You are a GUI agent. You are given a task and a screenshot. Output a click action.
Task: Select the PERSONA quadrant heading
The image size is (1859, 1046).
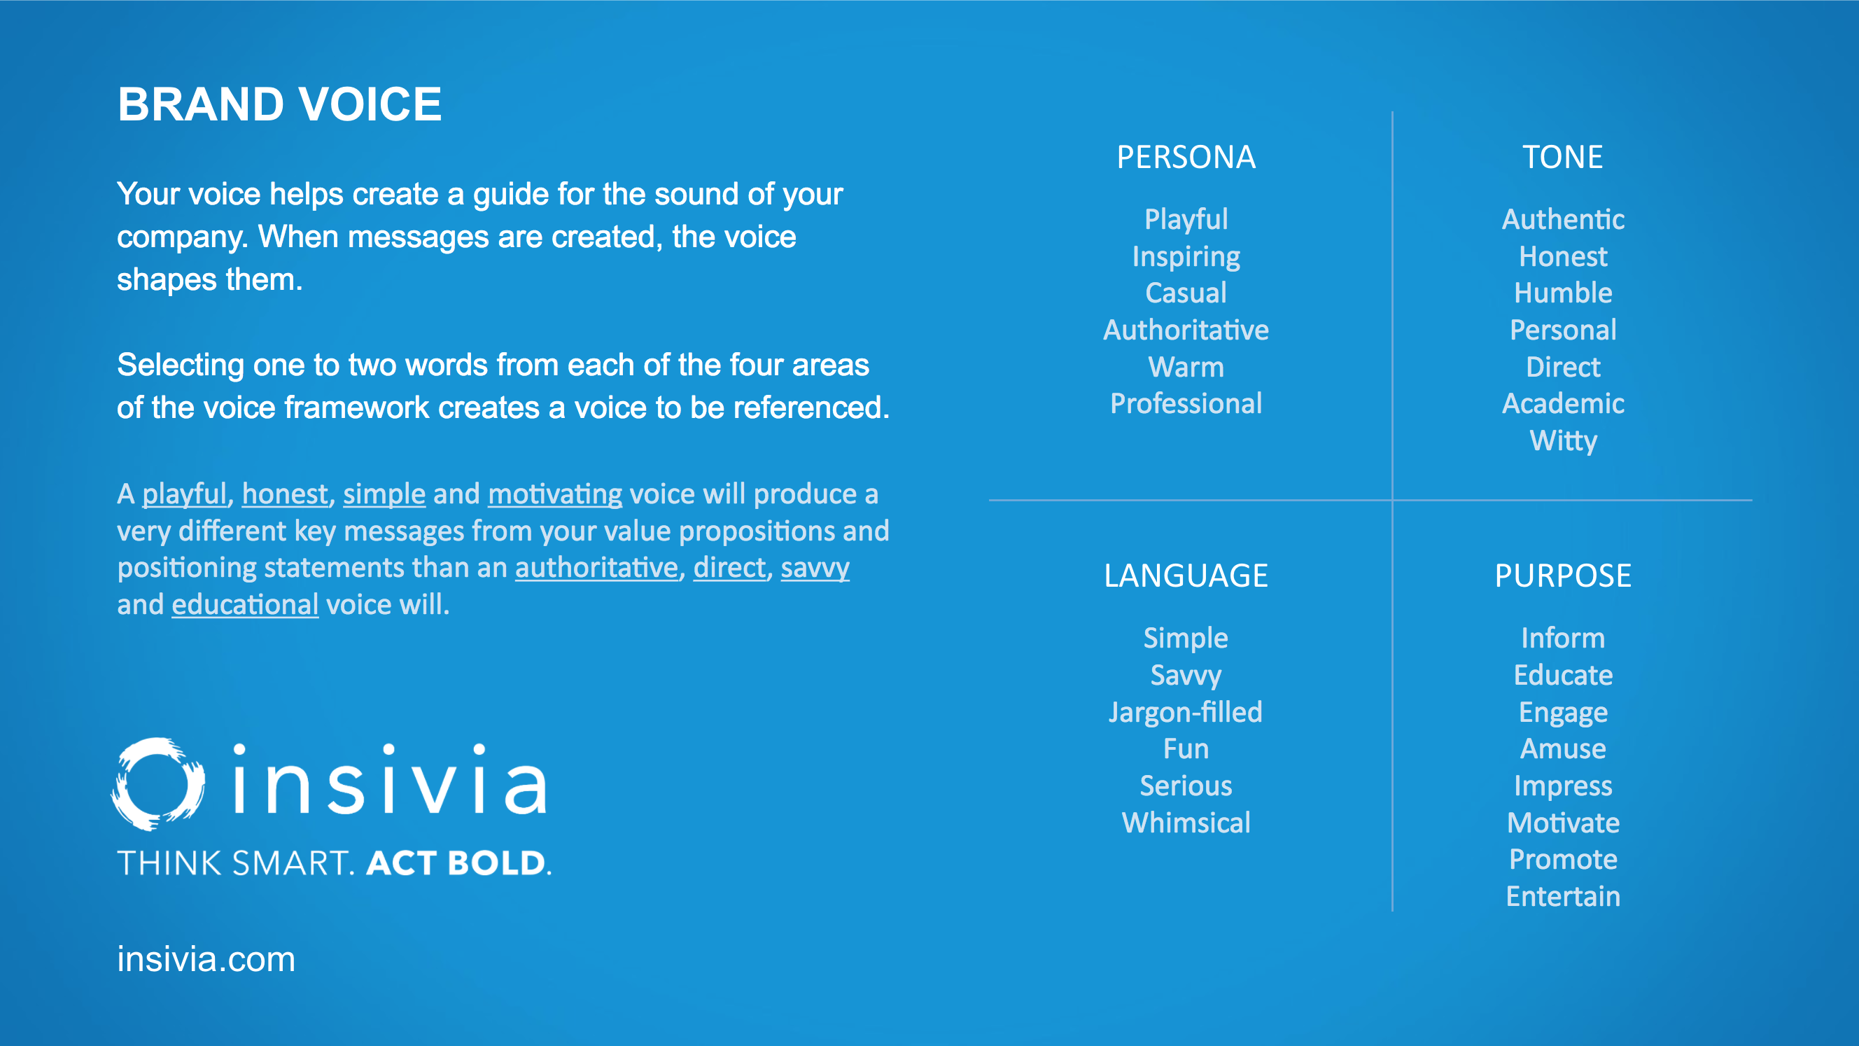(1186, 158)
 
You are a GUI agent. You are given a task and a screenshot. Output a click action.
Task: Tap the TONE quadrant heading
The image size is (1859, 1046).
(1562, 158)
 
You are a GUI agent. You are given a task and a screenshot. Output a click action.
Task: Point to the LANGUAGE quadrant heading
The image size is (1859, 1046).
(1186, 576)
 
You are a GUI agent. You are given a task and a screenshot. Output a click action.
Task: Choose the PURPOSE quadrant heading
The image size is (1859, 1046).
(1562, 576)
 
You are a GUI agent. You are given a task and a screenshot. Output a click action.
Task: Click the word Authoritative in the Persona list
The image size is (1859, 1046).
(1186, 330)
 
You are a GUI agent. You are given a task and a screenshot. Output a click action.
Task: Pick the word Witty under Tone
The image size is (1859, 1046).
(1563, 440)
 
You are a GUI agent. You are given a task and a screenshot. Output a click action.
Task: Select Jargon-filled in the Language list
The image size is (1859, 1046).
(1186, 713)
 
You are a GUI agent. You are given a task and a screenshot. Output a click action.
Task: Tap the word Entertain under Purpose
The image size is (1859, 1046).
(1563, 896)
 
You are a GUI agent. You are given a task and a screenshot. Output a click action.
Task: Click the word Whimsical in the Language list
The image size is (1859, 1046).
(1186, 822)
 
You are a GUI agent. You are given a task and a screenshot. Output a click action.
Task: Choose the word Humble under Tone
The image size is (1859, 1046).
(1563, 293)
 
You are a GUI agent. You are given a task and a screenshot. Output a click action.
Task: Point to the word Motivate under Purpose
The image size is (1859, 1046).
(1563, 822)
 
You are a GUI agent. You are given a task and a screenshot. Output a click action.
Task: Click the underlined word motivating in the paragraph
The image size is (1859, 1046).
(555, 495)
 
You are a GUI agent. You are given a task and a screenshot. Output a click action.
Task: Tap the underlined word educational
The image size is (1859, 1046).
(245, 605)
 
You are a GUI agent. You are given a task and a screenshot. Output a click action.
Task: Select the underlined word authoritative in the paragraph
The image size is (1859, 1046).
(596, 568)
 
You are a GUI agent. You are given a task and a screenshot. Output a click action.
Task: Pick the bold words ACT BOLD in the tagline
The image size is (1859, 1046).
(458, 863)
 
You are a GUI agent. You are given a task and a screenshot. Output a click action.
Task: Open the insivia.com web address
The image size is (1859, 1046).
(206, 958)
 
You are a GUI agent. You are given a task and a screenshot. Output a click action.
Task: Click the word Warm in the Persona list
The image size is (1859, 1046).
(1186, 367)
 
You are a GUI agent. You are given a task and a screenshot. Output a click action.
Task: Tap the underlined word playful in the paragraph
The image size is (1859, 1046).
(185, 495)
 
